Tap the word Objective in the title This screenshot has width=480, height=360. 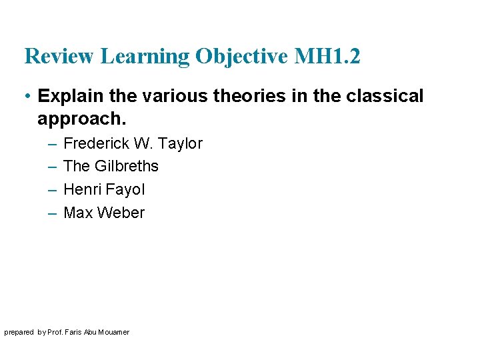point(241,57)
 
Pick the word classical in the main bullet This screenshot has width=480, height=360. point(385,96)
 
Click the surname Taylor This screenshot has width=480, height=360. point(181,143)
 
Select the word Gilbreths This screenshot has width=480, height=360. point(126,166)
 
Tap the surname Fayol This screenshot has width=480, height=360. point(125,189)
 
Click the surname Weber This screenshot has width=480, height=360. point(121,213)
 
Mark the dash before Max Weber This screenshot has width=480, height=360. point(52,213)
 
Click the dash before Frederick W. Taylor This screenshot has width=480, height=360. point(52,143)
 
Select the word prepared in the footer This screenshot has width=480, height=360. point(19,332)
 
